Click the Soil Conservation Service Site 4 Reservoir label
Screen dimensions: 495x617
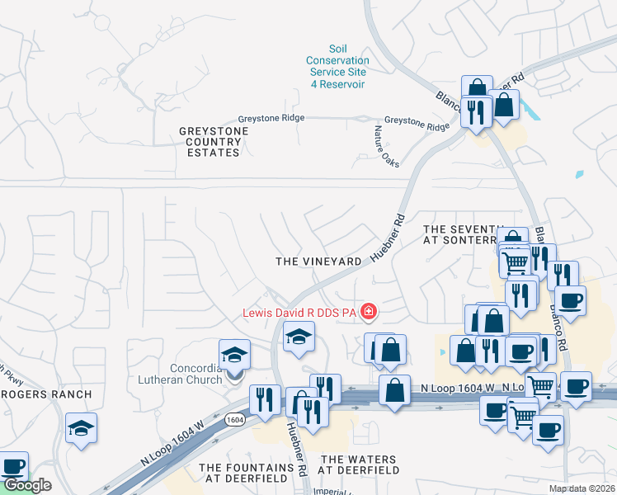click(x=337, y=66)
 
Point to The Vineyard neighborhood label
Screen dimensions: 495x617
click(x=318, y=261)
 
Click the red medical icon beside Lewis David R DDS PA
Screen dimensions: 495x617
click(x=369, y=312)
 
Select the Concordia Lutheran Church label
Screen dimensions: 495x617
click(x=183, y=374)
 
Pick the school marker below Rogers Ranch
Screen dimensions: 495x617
click(x=81, y=428)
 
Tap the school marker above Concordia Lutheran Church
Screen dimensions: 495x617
click(x=234, y=355)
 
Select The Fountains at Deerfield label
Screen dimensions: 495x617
click(x=247, y=473)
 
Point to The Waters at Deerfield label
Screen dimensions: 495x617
click(x=358, y=464)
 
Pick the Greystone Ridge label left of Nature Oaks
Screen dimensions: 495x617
click(x=271, y=118)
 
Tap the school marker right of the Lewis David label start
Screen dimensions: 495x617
click(x=298, y=335)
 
